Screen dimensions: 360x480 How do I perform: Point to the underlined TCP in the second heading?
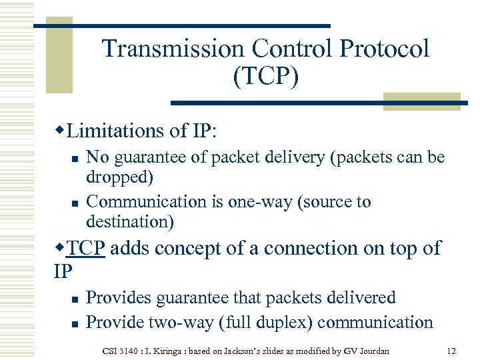(x=86, y=248)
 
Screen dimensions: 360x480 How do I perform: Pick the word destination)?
(x=130, y=221)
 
